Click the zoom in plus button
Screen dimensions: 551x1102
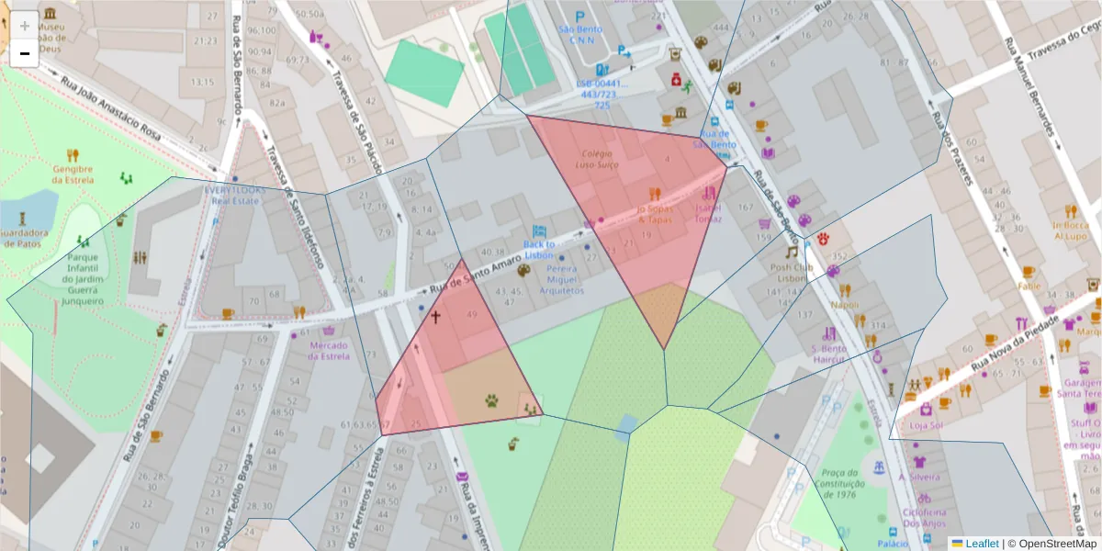click(24, 26)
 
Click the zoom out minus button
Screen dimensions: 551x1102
click(24, 54)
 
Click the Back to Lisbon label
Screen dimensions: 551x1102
click(539, 250)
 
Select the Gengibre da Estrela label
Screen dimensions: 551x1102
click(73, 174)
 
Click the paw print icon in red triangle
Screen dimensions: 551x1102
click(493, 400)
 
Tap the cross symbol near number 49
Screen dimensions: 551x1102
click(435, 317)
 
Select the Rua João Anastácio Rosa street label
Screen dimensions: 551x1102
click(110, 108)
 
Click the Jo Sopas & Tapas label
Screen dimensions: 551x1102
click(654, 214)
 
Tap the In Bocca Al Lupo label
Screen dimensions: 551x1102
click(1070, 230)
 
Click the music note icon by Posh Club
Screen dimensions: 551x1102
click(790, 252)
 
